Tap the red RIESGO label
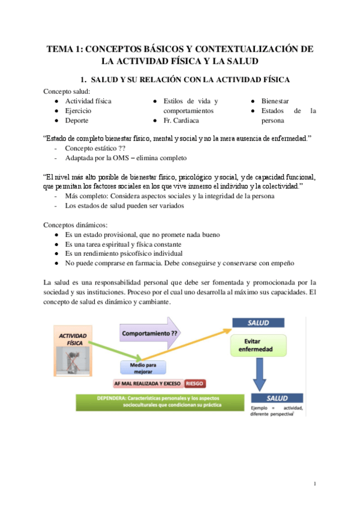point(196,382)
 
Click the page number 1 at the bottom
point(315,484)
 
